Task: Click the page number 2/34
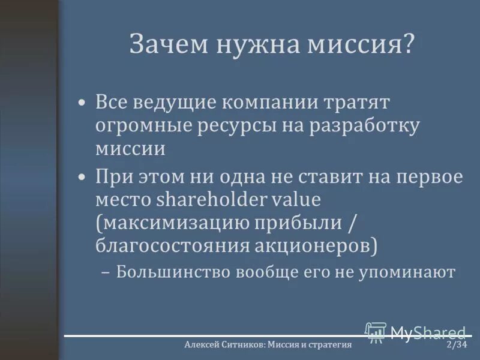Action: (457, 345)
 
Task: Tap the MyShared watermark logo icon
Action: (376, 332)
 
